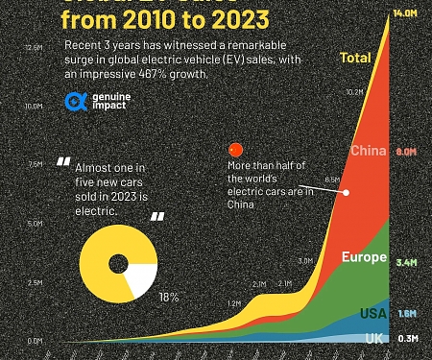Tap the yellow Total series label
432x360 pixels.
pyautogui.click(x=355, y=59)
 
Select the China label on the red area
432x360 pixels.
pyautogui.click(x=369, y=151)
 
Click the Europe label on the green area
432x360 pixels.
pyautogui.click(x=364, y=258)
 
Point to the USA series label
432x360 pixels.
pyautogui.click(x=373, y=313)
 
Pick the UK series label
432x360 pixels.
pyautogui.click(x=375, y=338)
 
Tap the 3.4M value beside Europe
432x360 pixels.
pyautogui.click(x=406, y=260)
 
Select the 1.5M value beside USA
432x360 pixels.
pyautogui.click(x=406, y=314)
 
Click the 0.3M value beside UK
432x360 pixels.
pyautogui.click(x=406, y=338)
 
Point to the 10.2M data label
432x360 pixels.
pyautogui.click(x=354, y=93)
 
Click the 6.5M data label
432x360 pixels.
pyautogui.click(x=333, y=180)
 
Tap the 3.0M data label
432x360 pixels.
pyautogui.click(x=306, y=261)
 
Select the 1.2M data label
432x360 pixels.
pyautogui.click(x=234, y=303)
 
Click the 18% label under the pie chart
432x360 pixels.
pyautogui.click(x=169, y=298)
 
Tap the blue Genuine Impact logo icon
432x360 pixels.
pyautogui.click(x=74, y=101)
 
